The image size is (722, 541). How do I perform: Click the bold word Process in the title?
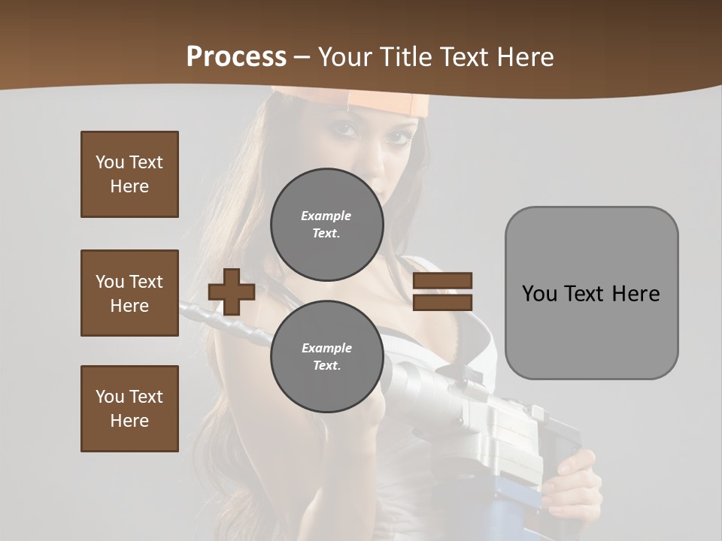tap(236, 56)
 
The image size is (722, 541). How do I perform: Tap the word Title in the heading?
tap(405, 56)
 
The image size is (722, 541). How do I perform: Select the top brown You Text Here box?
tap(129, 174)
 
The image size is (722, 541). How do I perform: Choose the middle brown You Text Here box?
tap(129, 293)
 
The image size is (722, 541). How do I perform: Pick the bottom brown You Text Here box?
tap(129, 409)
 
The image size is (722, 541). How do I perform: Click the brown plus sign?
tap(232, 292)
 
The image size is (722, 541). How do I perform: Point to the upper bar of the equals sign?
tap(442, 281)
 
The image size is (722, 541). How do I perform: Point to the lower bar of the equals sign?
tap(442, 302)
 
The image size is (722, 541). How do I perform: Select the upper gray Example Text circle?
tap(326, 224)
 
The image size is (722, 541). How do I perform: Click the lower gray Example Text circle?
tap(326, 356)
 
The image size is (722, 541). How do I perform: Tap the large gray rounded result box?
tap(591, 293)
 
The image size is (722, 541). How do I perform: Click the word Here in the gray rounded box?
tap(636, 293)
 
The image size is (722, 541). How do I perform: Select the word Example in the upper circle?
tap(326, 216)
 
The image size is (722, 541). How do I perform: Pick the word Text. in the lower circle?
tap(326, 366)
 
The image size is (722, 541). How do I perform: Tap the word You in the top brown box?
tap(109, 162)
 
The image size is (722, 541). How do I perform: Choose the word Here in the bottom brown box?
tap(129, 421)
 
